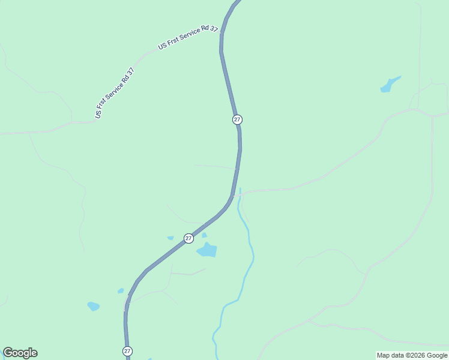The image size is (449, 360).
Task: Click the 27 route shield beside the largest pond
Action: click(x=188, y=238)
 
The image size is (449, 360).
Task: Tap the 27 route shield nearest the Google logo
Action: click(x=127, y=351)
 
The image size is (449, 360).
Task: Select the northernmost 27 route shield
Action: click(x=237, y=119)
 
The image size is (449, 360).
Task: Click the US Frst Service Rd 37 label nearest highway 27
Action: click(x=188, y=37)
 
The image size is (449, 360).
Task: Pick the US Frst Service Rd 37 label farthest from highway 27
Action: click(x=115, y=92)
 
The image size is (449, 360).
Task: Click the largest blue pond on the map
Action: click(x=207, y=250)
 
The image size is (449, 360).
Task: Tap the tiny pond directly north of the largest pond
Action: click(x=204, y=235)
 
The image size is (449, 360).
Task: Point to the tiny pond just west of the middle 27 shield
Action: click(x=170, y=238)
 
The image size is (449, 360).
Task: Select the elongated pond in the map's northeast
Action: click(x=390, y=85)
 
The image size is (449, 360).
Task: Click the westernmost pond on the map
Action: click(x=93, y=306)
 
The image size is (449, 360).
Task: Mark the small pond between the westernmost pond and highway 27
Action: click(x=121, y=291)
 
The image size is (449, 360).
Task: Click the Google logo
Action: click(x=20, y=353)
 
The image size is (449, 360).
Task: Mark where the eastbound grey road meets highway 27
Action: click(x=235, y=193)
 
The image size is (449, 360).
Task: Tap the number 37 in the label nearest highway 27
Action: click(x=214, y=29)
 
